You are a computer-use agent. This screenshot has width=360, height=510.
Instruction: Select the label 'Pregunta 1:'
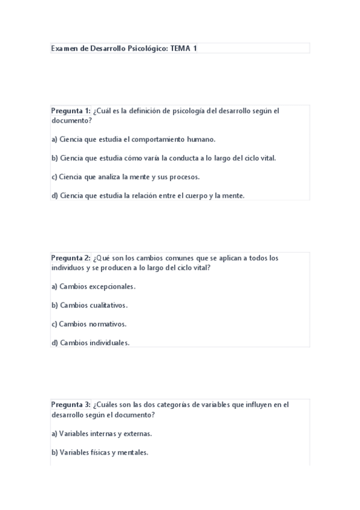pos(71,111)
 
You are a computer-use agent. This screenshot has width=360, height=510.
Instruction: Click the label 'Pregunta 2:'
pos(71,258)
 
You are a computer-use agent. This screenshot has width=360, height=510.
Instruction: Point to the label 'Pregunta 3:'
pos(71,405)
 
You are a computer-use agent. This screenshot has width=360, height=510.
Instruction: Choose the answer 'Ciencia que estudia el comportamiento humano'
pos(133,139)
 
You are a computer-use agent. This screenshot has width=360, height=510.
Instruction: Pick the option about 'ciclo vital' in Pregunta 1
pos(163,158)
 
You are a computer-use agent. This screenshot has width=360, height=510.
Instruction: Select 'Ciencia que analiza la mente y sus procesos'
pos(125,177)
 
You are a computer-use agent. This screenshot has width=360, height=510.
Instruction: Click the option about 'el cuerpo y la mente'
pos(148,195)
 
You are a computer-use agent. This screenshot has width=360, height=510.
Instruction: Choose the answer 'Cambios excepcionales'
pos(93,286)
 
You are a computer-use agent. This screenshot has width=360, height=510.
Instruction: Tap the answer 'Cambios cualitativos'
pos(90,305)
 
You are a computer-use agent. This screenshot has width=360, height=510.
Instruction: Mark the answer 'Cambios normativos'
pos(89,324)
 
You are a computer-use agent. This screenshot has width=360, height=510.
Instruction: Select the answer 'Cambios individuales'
pos(90,343)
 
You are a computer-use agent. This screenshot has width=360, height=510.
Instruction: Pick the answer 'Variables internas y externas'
pos(101,433)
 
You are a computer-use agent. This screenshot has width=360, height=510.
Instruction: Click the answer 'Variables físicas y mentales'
pos(100,452)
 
